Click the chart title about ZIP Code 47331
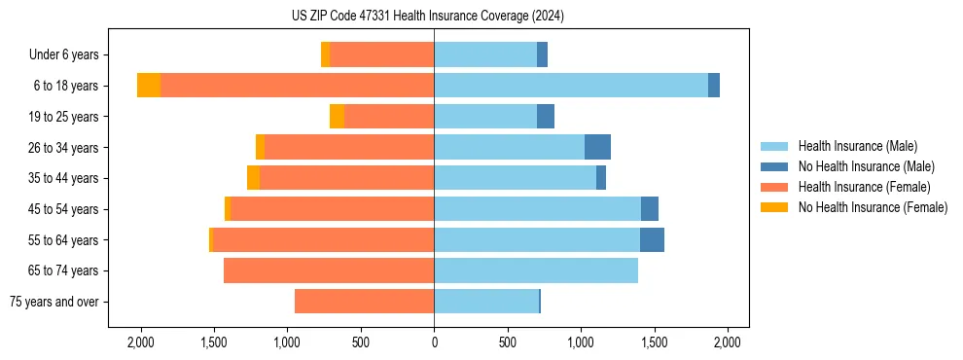click(x=427, y=17)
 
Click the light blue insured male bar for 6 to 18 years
click(x=570, y=86)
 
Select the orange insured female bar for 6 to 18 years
click(x=297, y=86)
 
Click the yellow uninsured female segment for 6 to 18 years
click(x=149, y=86)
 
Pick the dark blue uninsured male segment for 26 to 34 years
click(x=597, y=147)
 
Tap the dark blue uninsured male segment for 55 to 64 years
click(x=652, y=240)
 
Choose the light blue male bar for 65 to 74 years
click(x=536, y=270)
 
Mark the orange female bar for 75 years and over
click(x=364, y=302)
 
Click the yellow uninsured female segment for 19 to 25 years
click(x=337, y=117)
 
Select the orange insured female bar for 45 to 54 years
click(x=331, y=209)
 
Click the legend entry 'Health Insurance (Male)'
click(x=857, y=146)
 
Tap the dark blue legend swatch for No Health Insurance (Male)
click(x=775, y=166)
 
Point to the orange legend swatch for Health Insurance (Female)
click(x=775, y=187)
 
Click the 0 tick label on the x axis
click(x=434, y=342)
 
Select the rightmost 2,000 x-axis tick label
click(x=728, y=342)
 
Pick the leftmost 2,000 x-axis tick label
click(x=140, y=342)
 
